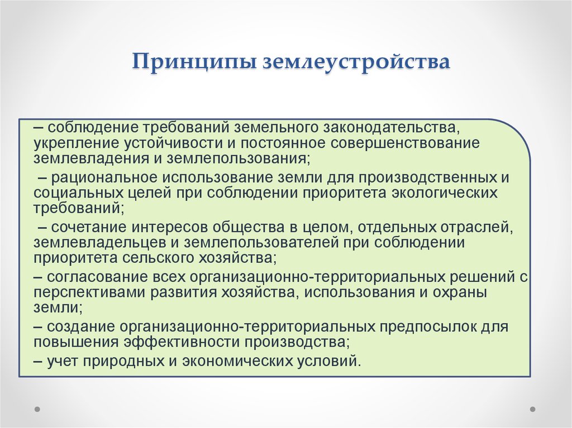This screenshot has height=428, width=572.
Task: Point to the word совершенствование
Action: pyautogui.click(x=405, y=143)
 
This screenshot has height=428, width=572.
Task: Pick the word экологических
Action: pyautogui.click(x=444, y=193)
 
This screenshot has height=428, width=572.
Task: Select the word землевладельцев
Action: pyautogui.click(x=98, y=242)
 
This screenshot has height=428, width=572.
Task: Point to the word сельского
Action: pyautogui.click(x=158, y=258)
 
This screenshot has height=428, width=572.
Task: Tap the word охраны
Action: pyautogui.click(x=460, y=293)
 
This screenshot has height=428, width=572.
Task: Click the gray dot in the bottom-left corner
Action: pyautogui.click(x=37, y=408)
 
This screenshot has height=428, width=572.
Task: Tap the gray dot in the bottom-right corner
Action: pyautogui.click(x=532, y=408)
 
